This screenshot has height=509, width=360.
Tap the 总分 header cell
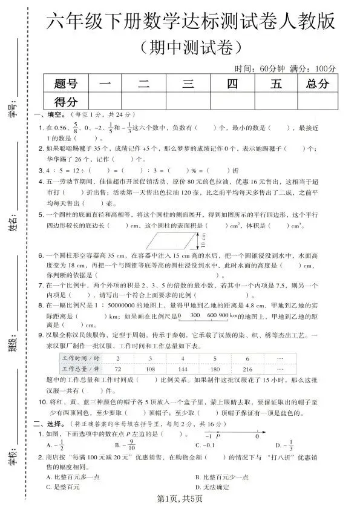click(318, 84)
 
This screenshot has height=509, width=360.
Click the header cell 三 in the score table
click(188, 84)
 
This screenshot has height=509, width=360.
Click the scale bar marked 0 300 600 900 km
click(204, 316)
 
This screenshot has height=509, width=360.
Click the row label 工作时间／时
click(75, 358)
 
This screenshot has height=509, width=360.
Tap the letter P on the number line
click(218, 436)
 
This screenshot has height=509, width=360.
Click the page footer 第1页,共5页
click(179, 499)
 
